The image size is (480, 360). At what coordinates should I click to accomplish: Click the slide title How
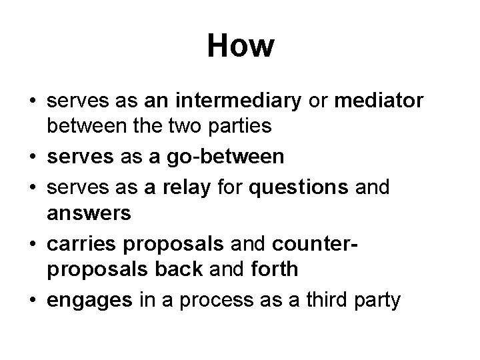click(x=240, y=46)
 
